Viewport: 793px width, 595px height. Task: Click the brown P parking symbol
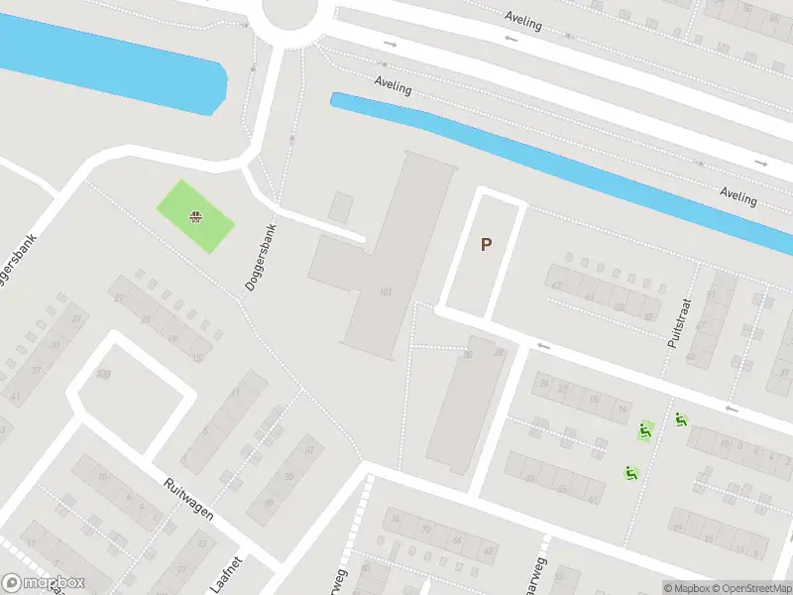pos(486,244)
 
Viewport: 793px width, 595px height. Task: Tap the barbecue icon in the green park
pos(196,216)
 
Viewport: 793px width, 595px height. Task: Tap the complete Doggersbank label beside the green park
pos(262,256)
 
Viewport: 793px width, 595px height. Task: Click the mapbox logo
pos(43,583)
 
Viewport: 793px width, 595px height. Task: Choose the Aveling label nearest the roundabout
pos(394,87)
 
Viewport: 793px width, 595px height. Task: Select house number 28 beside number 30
pos(499,353)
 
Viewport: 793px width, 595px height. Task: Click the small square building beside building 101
pos(341,207)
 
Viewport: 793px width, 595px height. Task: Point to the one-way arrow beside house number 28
pos(543,345)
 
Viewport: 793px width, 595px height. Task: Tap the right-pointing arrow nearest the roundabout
pos(391,44)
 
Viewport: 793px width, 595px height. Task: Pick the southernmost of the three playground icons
pos(630,472)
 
